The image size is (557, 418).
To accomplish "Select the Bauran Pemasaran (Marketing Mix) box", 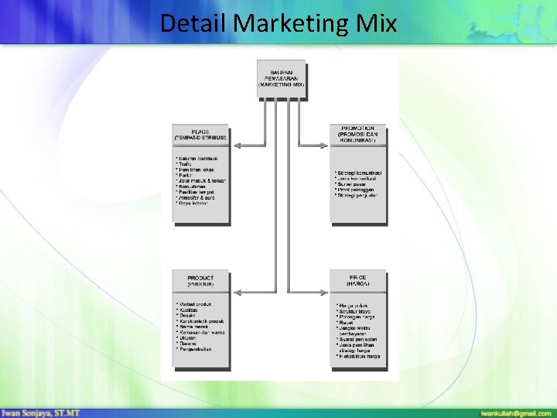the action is [281, 78].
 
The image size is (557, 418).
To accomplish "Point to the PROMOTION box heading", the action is [357, 134].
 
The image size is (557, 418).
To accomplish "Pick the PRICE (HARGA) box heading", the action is [357, 281].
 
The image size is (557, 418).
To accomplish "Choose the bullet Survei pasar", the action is [353, 184].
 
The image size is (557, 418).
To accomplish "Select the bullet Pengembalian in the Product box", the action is [195, 349].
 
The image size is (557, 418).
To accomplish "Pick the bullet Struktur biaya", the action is [355, 311].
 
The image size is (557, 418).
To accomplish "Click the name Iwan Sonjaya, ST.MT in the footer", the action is [45, 412].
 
